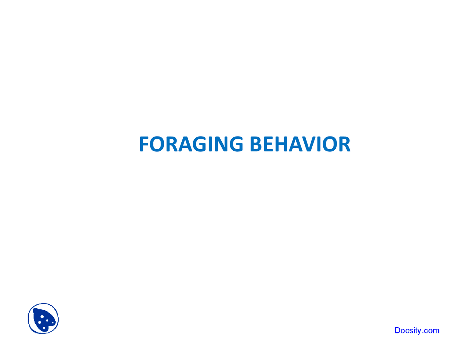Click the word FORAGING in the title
191,144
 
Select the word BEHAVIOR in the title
300,144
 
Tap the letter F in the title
144,144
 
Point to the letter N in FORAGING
222,144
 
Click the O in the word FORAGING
157,144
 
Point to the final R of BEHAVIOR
344,144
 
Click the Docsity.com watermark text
417,331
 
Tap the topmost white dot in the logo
42,317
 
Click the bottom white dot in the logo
44,328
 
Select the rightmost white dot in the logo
52,323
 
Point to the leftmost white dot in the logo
39,323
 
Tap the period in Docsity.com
423,333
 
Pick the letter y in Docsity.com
419,331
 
